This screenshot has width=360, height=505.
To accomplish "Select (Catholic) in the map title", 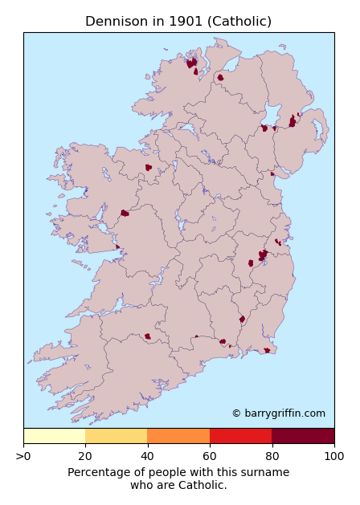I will click(239, 22).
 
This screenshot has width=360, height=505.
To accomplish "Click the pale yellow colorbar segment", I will click(54, 436).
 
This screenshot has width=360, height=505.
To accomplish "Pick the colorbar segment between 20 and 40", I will click(117, 436).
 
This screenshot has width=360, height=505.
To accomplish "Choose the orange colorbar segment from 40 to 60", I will click(178, 436).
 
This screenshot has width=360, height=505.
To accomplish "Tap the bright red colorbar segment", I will click(241, 436).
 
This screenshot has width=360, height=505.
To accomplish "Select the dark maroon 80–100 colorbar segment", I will click(303, 436).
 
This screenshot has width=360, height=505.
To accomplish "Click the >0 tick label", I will click(24, 457).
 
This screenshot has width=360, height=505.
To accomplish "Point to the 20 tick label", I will click(86, 457).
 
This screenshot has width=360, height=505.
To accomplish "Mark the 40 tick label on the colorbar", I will click(148, 457).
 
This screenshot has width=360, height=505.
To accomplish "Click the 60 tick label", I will click(210, 457).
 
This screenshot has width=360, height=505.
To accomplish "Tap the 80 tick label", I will click(272, 457).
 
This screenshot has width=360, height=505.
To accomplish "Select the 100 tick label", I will click(333, 457).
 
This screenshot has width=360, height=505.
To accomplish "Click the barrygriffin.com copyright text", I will click(278, 413).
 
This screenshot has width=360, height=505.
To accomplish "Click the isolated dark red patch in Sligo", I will click(149, 168).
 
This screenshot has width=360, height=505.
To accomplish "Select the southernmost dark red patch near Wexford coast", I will click(267, 350).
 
